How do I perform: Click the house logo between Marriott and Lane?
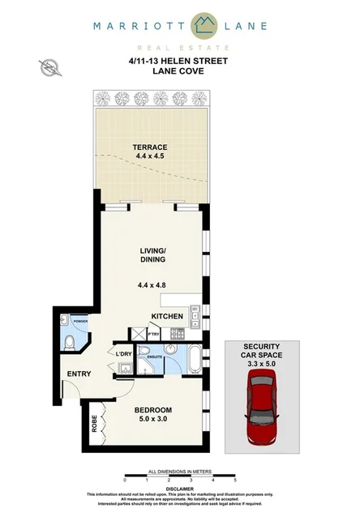[x=179, y=26]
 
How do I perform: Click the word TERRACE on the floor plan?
[x=151, y=147]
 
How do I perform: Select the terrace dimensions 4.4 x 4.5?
[x=151, y=156]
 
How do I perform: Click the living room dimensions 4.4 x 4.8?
[x=152, y=284]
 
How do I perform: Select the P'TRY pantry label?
[x=152, y=333]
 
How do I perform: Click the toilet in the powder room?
[x=68, y=344]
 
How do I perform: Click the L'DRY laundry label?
[x=123, y=354]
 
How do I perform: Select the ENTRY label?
[x=79, y=374]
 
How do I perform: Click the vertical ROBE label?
[x=94, y=423]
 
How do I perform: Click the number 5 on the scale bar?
[x=234, y=480]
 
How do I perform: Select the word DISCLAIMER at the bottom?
[x=180, y=489]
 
